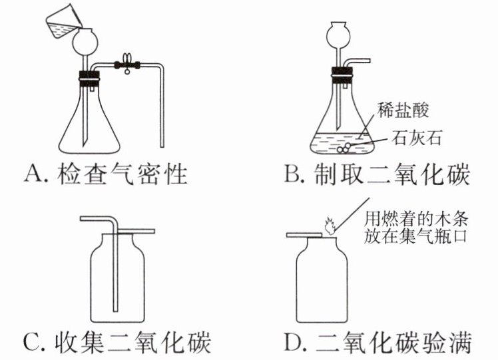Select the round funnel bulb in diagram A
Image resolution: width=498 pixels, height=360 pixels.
[85, 41]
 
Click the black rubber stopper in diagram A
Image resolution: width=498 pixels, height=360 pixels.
[90, 79]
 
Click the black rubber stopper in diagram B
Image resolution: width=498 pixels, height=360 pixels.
[342, 75]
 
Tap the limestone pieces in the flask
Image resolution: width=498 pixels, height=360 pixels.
[345, 148]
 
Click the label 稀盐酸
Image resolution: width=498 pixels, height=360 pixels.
[403, 110]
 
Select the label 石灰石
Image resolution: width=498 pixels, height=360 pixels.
[417, 138]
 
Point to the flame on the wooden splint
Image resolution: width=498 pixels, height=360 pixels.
[329, 226]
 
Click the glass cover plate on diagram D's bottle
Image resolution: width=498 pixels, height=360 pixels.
[304, 235]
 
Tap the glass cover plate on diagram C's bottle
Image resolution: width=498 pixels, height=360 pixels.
[136, 231]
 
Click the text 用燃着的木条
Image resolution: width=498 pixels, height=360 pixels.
[416, 219]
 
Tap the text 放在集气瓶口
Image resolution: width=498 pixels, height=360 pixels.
[415, 236]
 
